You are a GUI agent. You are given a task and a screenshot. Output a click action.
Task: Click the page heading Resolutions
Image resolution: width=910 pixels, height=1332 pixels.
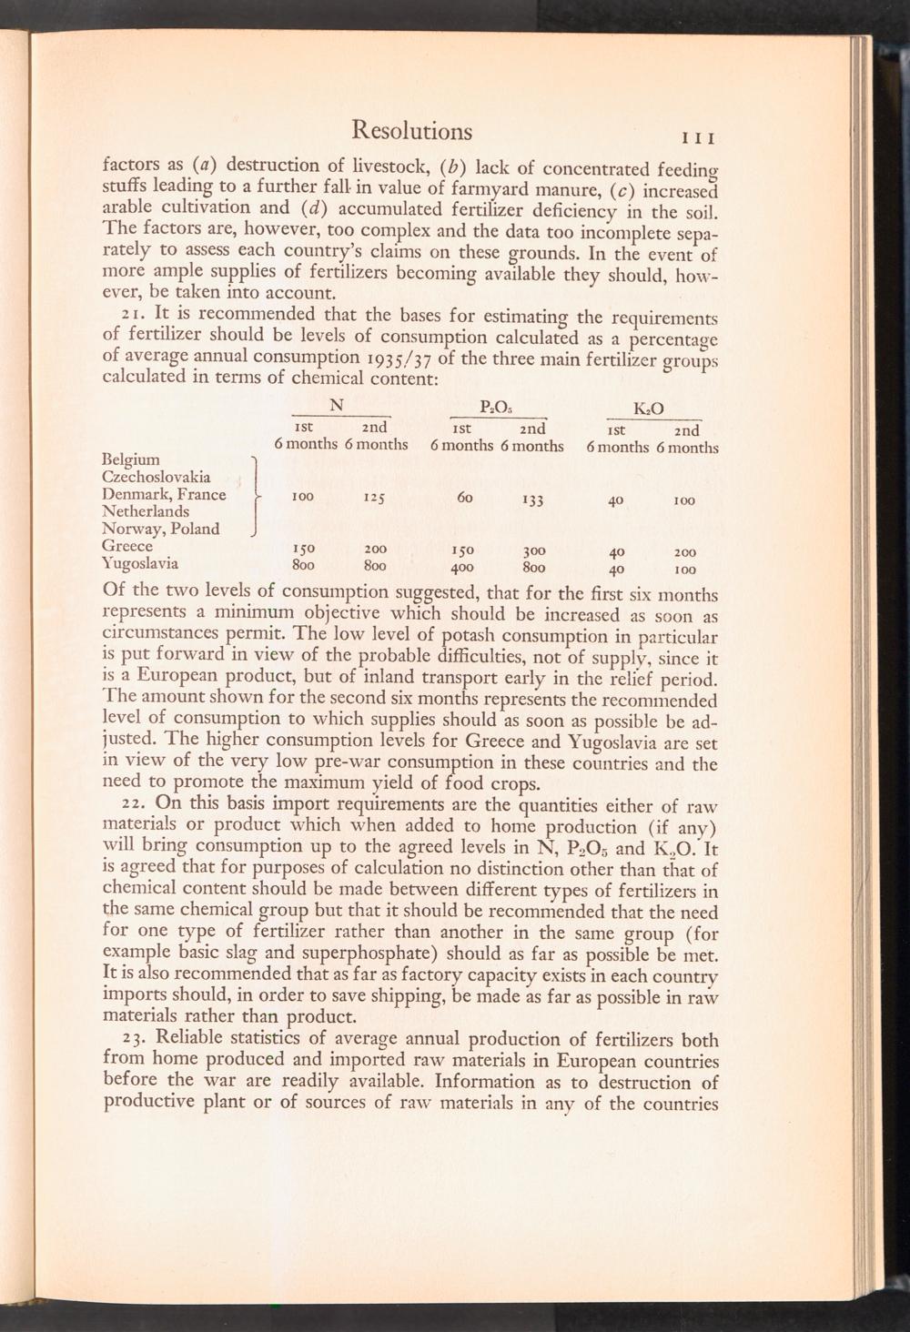[411, 131]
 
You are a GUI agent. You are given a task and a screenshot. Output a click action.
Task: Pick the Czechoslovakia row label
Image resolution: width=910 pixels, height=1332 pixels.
[157, 477]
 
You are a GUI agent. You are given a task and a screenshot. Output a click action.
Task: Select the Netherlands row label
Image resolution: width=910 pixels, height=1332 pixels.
[147, 511]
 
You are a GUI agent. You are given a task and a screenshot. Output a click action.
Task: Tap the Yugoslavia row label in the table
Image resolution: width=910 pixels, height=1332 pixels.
[142, 563]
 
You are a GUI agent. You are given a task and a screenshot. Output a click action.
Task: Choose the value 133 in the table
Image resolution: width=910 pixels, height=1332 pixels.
[532, 499]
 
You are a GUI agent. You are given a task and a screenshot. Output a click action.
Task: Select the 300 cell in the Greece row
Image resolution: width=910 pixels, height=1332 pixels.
[532, 550]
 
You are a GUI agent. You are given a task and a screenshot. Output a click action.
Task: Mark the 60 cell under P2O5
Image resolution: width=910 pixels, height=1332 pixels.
[466, 497]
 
